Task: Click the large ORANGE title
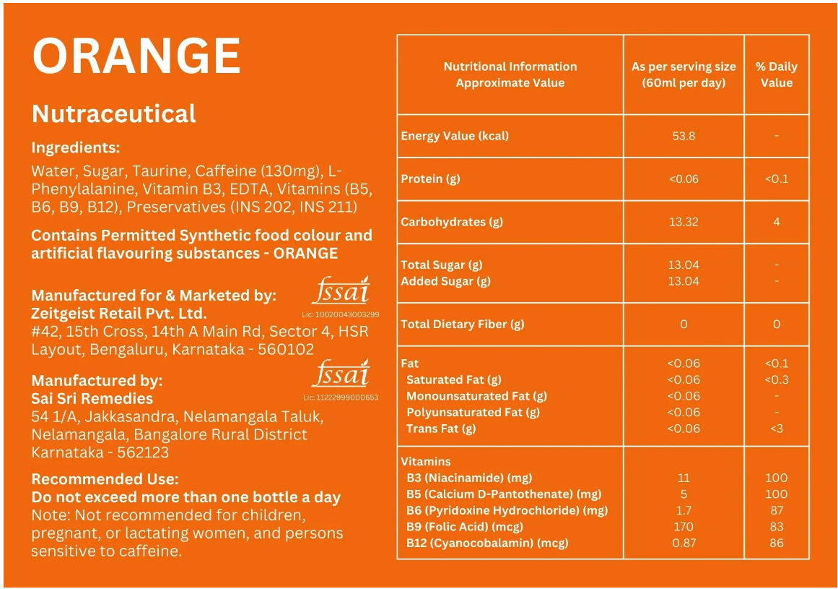pos(136,56)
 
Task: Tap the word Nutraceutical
pos(114,113)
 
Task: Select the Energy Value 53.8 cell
pos(683,135)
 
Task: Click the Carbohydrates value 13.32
pos(683,222)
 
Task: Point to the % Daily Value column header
pos(776,74)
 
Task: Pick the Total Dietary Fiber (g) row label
pos(463,324)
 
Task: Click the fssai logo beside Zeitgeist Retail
pos(341,291)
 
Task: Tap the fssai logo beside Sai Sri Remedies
pos(341,374)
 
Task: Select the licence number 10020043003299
pos(341,315)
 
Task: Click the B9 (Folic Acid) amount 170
pos(683,527)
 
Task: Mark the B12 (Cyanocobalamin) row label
pos(487,543)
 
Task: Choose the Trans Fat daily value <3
pos(776,429)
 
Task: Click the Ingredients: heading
pos(75,147)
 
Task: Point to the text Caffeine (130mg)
pos(268,171)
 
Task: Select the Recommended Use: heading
pos(105,479)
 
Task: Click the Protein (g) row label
pos(430,179)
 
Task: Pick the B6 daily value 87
pos(776,510)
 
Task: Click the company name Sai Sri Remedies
pos(92,398)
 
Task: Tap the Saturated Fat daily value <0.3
pos(776,379)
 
